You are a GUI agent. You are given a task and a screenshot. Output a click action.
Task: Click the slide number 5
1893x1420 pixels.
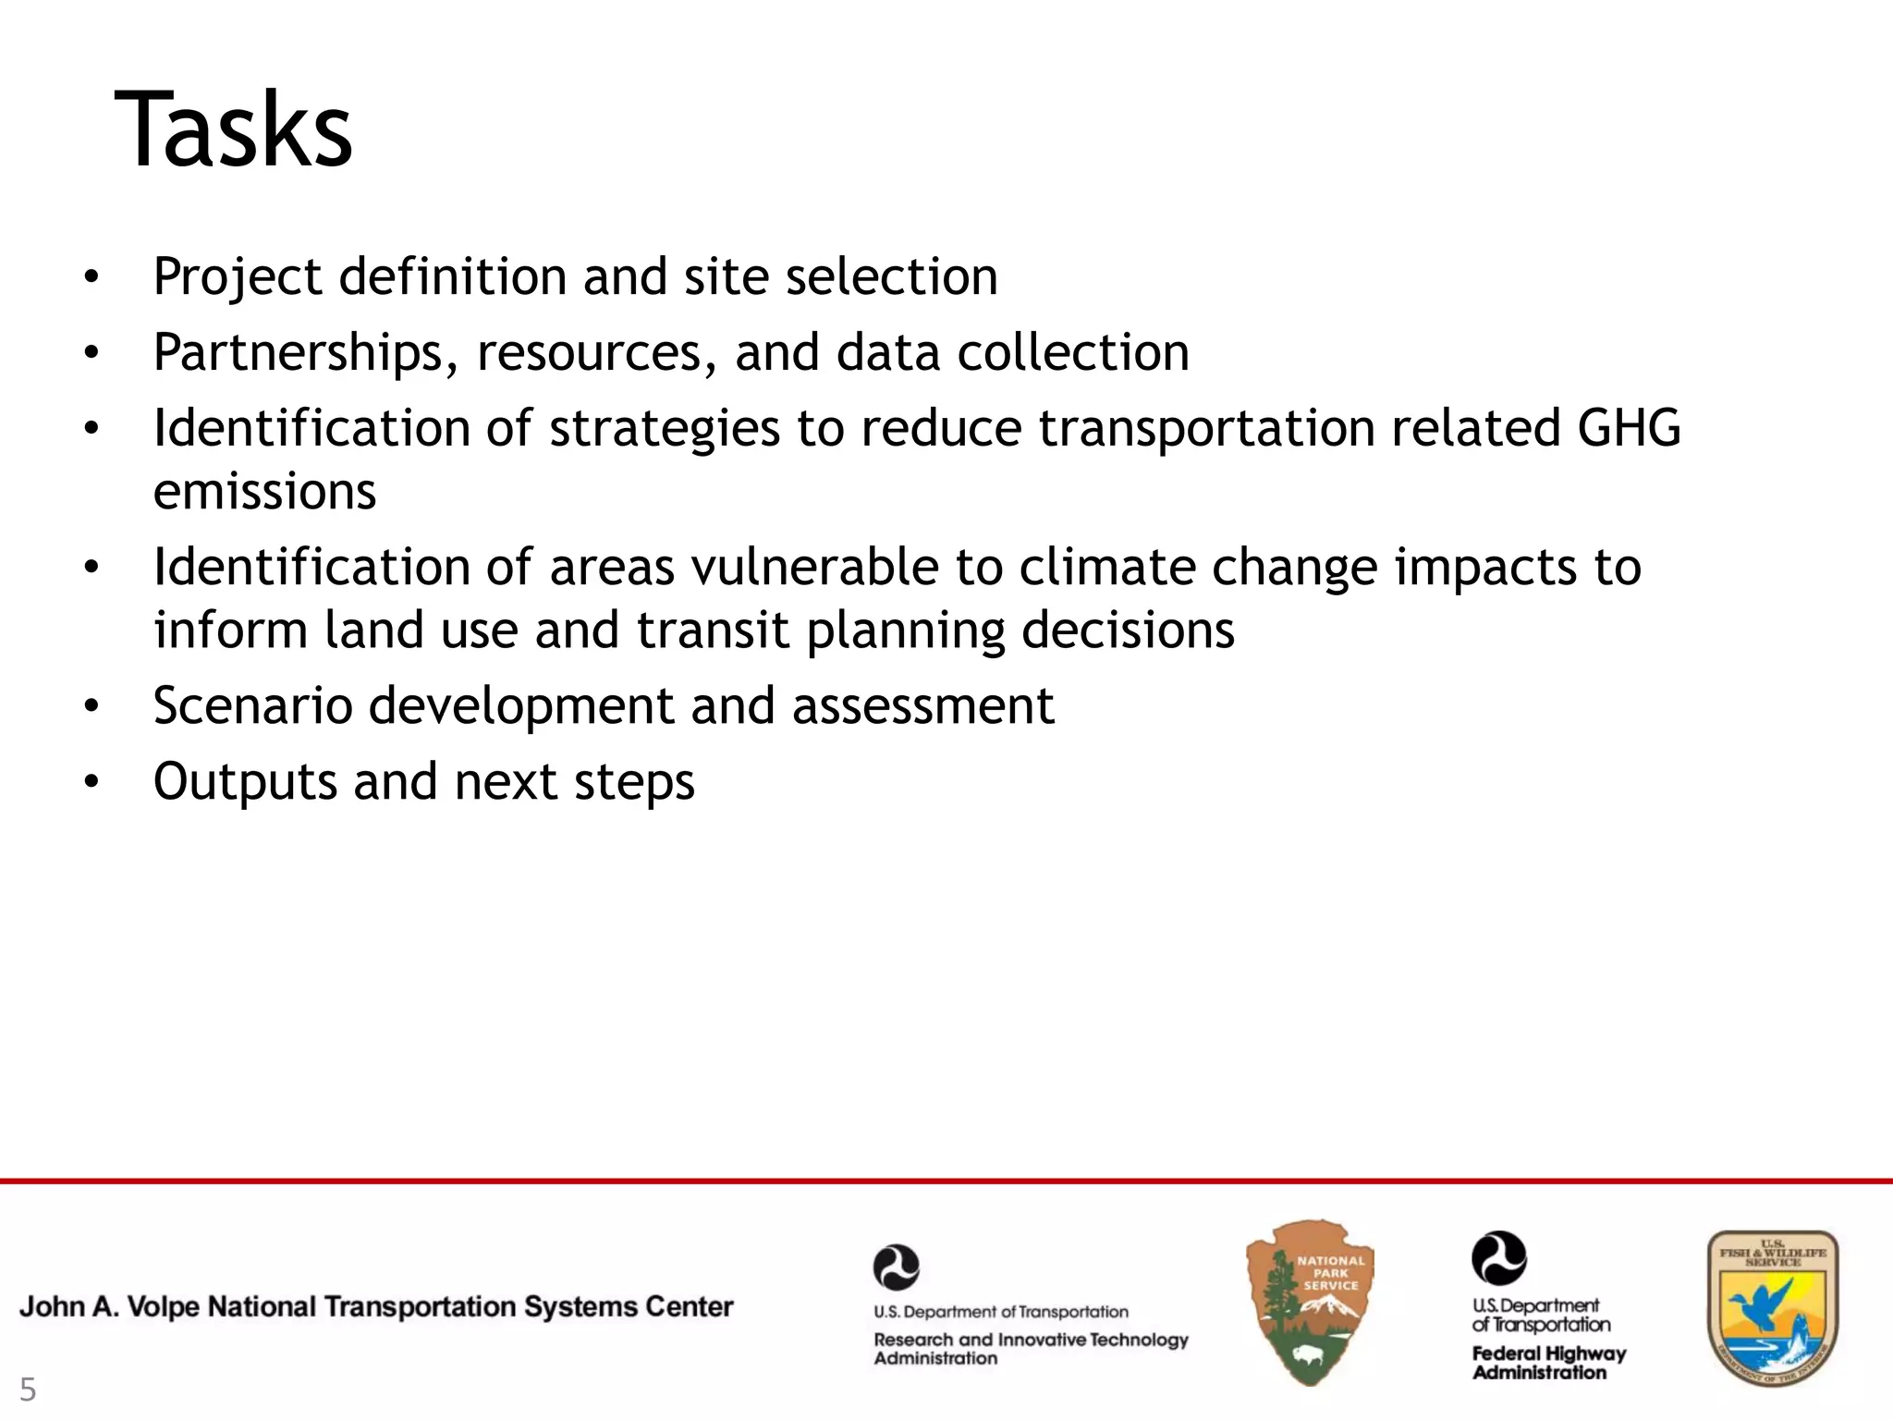[28, 1390]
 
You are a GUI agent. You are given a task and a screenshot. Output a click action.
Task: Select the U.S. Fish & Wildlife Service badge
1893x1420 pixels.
[1772, 1308]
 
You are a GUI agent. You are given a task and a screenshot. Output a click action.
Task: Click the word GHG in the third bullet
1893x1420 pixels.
[1629, 428]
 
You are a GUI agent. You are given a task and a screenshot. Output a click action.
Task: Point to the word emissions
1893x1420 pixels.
[264, 491]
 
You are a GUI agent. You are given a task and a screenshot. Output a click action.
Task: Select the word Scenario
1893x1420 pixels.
[252, 706]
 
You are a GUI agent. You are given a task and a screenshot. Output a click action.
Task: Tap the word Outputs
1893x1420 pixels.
[245, 782]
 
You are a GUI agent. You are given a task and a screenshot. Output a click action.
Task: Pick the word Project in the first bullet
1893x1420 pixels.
[238, 277]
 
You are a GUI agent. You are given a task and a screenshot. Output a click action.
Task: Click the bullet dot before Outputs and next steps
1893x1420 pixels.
[90, 783]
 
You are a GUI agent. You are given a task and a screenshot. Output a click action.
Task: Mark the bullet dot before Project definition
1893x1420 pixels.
[90, 277]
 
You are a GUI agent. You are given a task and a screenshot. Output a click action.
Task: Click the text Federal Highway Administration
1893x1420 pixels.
[1548, 1363]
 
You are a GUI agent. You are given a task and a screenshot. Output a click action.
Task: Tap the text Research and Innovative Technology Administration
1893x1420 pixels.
[1030, 1348]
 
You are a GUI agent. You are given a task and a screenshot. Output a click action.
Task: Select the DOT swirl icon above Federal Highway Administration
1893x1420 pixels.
[1498, 1258]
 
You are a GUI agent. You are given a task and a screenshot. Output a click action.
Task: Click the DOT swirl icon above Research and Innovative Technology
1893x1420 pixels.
[896, 1267]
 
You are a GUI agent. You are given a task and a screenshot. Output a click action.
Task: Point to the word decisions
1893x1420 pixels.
[1128, 630]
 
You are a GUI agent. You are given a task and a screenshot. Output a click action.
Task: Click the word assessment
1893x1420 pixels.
[922, 706]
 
